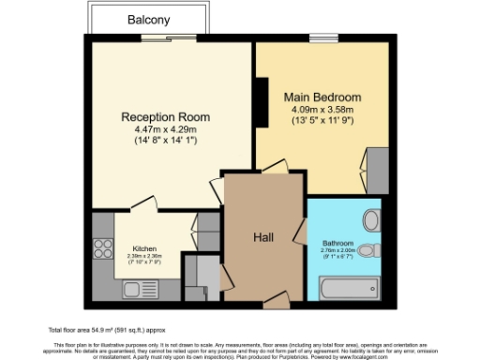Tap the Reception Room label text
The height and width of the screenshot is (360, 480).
(165, 117)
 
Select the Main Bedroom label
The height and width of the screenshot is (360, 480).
(322, 97)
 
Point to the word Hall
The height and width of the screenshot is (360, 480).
(262, 239)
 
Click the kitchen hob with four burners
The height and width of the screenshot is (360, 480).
(101, 249)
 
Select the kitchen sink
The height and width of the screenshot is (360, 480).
(102, 281)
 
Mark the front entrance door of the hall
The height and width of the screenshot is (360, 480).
(277, 300)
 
